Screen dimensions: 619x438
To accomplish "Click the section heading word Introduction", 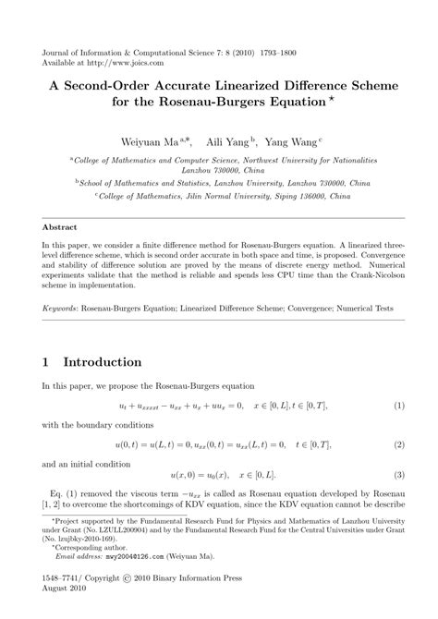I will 103,361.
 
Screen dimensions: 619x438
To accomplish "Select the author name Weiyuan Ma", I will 152,142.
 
